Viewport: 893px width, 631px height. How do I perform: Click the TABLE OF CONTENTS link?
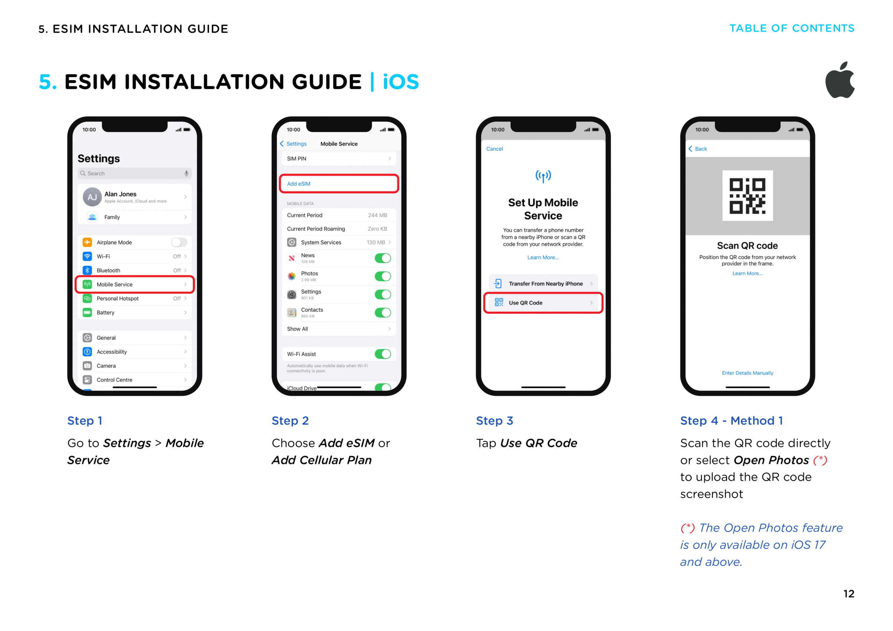791,28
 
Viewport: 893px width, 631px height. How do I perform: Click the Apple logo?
840,81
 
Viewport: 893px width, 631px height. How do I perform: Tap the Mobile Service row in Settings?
135,284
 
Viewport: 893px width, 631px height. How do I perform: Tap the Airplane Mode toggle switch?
179,242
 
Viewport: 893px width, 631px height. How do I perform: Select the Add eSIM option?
338,183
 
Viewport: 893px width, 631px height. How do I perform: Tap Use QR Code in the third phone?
543,303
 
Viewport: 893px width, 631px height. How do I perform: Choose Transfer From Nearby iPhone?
543,283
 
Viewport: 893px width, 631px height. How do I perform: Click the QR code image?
747,196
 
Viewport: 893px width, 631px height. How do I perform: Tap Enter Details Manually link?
747,373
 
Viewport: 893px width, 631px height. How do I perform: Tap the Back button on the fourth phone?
698,149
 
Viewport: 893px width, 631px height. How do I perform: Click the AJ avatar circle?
92,197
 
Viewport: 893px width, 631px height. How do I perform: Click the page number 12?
848,594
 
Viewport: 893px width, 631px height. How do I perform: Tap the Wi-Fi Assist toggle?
383,354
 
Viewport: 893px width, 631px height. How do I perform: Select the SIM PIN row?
338,159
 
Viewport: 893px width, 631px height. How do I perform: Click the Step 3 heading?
494,421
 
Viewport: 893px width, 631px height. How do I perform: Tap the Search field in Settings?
135,173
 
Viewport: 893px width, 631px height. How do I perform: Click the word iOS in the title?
400,82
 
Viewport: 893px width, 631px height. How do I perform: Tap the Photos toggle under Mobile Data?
383,276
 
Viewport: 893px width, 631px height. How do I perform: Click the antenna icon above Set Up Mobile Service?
543,176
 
